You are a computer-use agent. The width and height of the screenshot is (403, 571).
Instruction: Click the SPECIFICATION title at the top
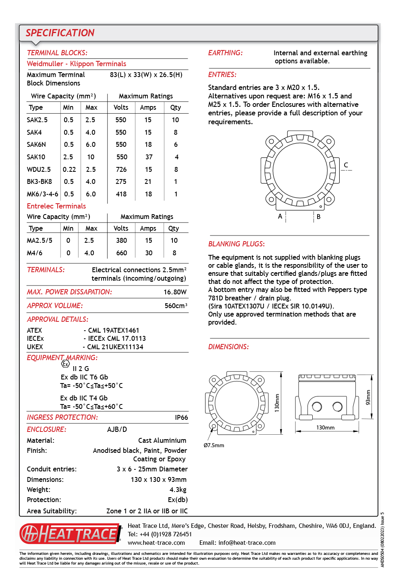pos(60,33)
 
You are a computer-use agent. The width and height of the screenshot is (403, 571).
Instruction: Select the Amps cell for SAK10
pos(149,157)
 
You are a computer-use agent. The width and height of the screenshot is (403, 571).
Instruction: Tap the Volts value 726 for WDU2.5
pos(121,169)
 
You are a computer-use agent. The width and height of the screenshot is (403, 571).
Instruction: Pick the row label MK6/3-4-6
pos(42,194)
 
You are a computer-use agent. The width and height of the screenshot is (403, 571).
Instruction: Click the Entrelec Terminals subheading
pos(56,206)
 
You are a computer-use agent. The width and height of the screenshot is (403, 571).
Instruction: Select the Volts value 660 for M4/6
pos(121,253)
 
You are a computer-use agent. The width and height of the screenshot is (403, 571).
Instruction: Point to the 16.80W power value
pos(175,292)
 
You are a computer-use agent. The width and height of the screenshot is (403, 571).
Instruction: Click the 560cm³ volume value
pos(176,306)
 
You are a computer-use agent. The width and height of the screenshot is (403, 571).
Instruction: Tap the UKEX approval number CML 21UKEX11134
pos(115,347)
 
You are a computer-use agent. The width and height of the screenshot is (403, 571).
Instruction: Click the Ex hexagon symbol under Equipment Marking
pos(65,364)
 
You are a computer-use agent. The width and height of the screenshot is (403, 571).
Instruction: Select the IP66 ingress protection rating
pos(181,417)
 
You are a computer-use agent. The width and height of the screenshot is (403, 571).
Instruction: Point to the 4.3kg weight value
pos(178,490)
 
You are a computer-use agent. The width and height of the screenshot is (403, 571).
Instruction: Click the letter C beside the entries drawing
pos(346,165)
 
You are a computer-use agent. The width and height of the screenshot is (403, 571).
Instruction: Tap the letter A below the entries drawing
pos(280,216)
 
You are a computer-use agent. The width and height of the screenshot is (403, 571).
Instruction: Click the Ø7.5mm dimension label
pos(214,445)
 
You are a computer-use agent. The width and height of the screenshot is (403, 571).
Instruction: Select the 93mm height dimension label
pos(368,397)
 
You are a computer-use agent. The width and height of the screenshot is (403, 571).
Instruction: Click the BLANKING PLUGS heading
pos(236,244)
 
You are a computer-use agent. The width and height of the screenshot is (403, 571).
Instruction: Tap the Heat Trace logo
pos(71,533)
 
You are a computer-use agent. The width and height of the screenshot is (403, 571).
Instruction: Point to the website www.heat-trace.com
pos(156,543)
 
